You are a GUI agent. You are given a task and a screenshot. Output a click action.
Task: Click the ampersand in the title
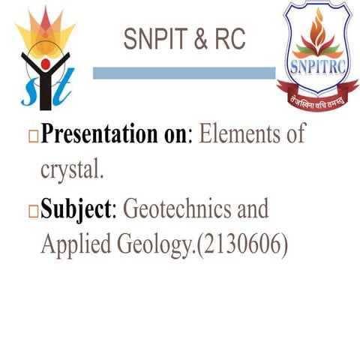[x=198, y=40]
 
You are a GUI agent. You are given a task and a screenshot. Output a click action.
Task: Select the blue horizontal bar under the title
[x=184, y=73]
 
